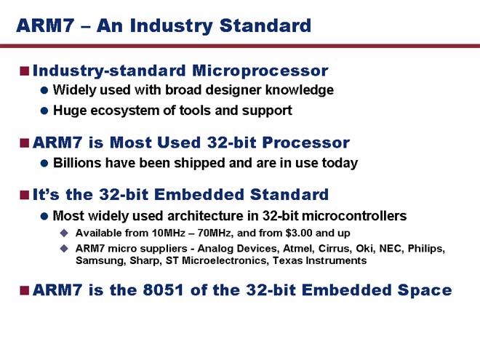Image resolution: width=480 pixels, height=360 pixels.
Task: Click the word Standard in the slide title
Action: point(265,25)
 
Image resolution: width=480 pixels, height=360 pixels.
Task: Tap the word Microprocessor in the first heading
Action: point(260,71)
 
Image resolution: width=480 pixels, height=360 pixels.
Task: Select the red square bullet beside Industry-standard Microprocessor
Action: point(25,71)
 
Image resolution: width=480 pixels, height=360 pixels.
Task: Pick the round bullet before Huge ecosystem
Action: point(44,111)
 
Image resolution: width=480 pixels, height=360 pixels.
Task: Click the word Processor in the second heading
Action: point(305,143)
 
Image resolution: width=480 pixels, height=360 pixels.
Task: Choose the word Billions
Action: point(77,163)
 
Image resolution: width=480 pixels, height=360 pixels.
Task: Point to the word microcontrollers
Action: point(354,216)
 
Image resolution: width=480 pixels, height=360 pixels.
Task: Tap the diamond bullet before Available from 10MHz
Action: point(64,233)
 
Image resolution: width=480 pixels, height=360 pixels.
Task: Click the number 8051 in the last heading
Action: point(163,290)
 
